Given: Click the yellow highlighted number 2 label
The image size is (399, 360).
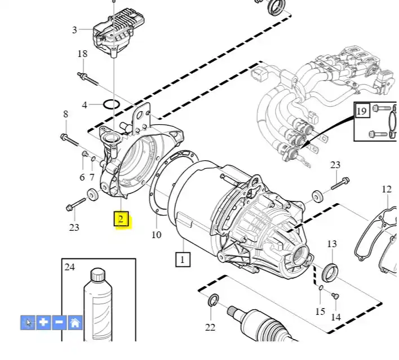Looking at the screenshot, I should tap(122, 219).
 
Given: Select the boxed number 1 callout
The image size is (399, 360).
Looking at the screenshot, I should tap(183, 259).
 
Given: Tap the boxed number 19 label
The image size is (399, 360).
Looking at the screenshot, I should tap(361, 110).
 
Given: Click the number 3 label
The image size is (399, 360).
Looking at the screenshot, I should tap(74, 29).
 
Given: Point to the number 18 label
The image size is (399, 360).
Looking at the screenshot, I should tap(82, 54).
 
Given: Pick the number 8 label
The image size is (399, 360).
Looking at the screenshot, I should tap(65, 114).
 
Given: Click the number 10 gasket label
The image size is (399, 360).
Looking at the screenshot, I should tap(156, 234).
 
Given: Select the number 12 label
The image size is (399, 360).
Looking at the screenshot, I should tap(386, 189).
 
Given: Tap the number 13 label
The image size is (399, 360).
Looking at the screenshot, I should tap(332, 244).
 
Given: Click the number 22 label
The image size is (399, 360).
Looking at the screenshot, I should tap(210, 327).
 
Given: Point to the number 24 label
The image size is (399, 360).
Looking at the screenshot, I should tap(70, 266).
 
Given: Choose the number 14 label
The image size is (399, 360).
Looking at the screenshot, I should tap(335, 317).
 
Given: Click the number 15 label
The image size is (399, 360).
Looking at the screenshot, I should tap(320, 311).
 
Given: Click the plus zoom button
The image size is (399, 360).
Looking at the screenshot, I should tap(43, 323).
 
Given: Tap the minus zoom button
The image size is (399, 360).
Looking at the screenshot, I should tap(59, 323).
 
